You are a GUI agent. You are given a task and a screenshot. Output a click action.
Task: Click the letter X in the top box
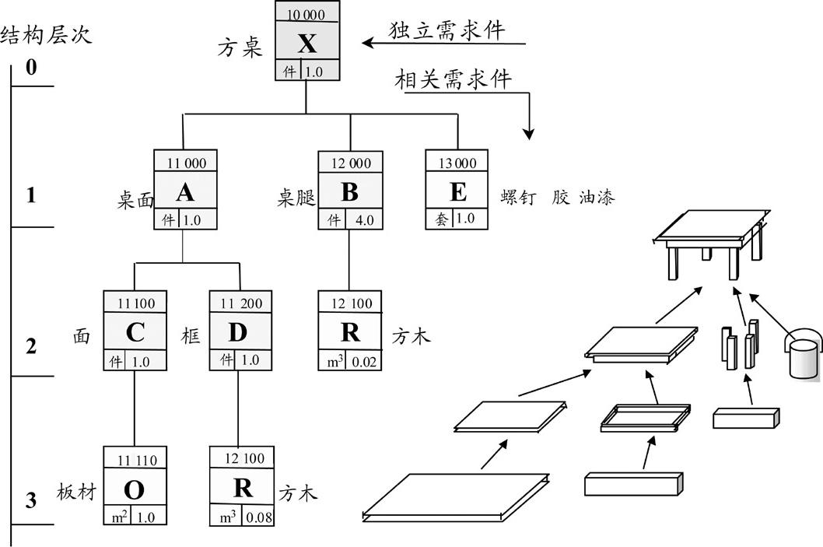point(307,44)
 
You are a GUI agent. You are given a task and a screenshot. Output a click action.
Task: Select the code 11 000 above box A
point(184,163)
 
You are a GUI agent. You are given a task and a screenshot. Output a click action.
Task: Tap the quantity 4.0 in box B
point(364,220)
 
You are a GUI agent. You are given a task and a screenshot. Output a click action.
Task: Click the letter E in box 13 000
point(458,192)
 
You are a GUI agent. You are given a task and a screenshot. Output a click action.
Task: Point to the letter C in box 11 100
point(135,333)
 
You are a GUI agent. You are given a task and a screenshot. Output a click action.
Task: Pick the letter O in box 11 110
point(134,489)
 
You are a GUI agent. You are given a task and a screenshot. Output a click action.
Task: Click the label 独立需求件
point(447,30)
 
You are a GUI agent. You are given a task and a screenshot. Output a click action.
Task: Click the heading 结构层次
point(47,36)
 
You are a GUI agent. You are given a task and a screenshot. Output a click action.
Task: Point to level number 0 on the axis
point(31,68)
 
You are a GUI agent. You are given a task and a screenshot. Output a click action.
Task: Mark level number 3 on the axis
point(31,500)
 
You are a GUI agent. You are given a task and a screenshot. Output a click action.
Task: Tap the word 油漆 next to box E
point(597,198)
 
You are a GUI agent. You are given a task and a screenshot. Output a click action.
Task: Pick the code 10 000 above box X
point(307,14)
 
